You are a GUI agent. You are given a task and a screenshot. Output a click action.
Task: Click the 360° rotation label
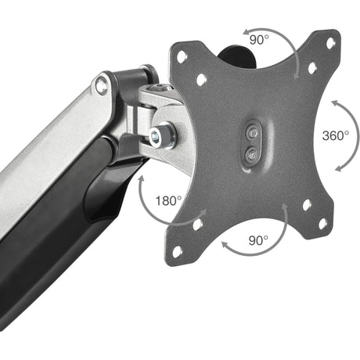point(335,135)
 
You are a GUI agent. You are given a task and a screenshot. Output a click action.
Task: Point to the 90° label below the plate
point(259,239)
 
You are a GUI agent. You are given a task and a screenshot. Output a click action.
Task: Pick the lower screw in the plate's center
point(250,154)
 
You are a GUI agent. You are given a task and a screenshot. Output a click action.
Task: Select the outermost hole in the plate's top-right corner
point(331,42)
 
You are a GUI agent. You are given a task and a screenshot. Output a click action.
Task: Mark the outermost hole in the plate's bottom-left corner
point(177,251)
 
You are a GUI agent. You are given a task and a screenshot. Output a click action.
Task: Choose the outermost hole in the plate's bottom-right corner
point(322,224)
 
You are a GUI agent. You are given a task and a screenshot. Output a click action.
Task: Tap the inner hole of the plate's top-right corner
point(312,67)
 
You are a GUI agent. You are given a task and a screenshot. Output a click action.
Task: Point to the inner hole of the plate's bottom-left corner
point(197,224)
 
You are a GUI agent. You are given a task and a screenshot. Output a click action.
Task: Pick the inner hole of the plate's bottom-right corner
point(306,204)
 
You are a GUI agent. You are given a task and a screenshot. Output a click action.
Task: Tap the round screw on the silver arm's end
point(102,86)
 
